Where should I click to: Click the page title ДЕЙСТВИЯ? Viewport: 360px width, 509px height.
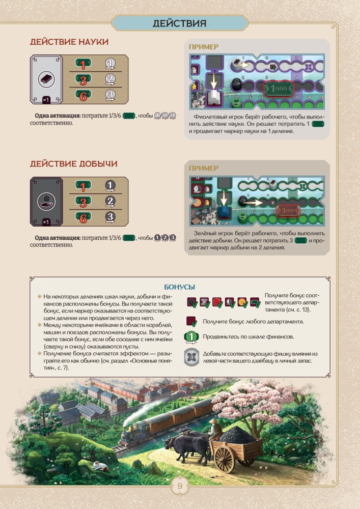[180, 23]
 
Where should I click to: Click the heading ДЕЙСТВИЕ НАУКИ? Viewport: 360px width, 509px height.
[69, 42]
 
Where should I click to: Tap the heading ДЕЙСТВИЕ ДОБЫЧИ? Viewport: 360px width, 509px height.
[74, 163]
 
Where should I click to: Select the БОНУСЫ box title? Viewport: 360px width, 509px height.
[180, 287]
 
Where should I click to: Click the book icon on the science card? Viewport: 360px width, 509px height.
[46, 79]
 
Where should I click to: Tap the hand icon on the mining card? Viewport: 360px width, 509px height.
[46, 202]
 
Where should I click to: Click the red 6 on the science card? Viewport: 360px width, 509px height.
[83, 96]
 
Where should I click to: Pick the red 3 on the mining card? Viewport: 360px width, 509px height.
[83, 203]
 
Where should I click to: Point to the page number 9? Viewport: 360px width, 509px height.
[180, 486]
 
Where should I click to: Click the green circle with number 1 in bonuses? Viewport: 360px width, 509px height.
[191, 336]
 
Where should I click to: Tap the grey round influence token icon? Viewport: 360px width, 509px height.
[191, 357]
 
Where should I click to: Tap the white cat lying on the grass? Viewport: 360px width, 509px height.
[100, 466]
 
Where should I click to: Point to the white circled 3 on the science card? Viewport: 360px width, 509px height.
[110, 95]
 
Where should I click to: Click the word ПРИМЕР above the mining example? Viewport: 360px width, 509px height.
[204, 168]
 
